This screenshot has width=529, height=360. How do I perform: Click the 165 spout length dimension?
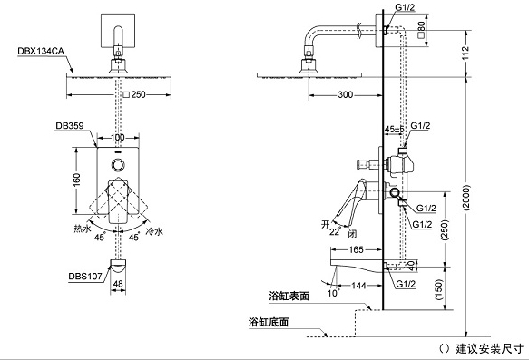point(356,248)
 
